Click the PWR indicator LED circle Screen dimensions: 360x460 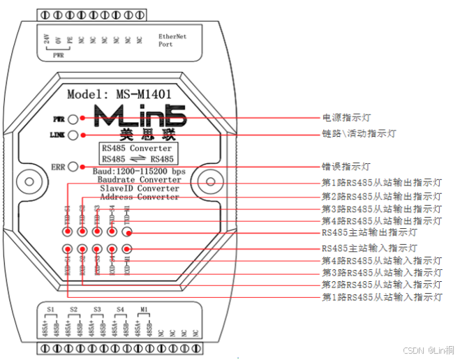[82, 119]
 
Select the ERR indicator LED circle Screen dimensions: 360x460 [82, 167]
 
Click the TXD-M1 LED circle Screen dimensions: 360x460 [127, 233]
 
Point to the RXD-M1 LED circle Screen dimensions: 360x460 [127, 249]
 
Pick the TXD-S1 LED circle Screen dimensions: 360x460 [68, 233]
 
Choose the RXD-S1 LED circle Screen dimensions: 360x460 [68, 249]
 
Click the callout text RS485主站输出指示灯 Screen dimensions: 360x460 [369, 233]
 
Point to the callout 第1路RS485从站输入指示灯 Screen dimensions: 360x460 [381, 298]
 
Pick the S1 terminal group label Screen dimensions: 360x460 [50, 308]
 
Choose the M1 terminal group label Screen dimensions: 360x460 [144, 308]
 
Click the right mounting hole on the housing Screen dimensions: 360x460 [207, 182]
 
